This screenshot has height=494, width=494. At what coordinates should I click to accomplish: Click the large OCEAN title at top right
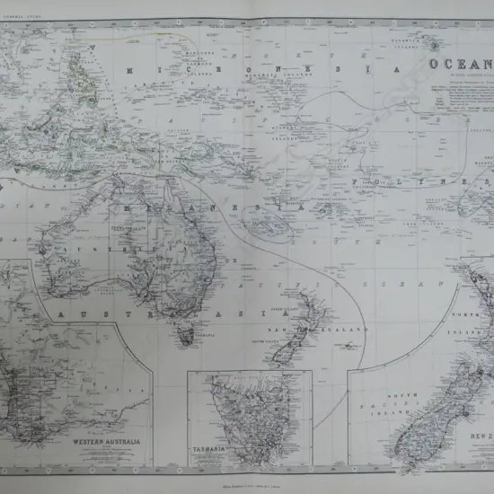(461, 65)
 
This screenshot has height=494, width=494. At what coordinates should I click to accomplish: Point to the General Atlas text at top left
(22, 4)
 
